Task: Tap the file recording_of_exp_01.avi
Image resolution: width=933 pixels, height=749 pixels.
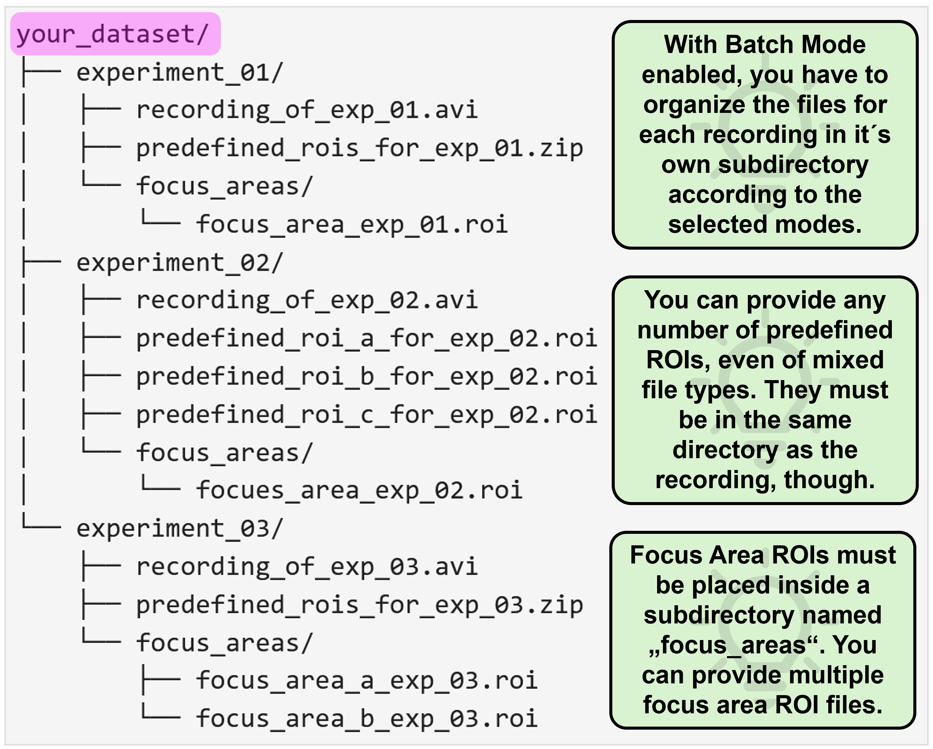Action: [x=307, y=110]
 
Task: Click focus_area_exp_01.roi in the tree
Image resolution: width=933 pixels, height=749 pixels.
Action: [x=352, y=224]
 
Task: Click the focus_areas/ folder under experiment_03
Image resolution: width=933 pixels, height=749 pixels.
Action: [x=224, y=642]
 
